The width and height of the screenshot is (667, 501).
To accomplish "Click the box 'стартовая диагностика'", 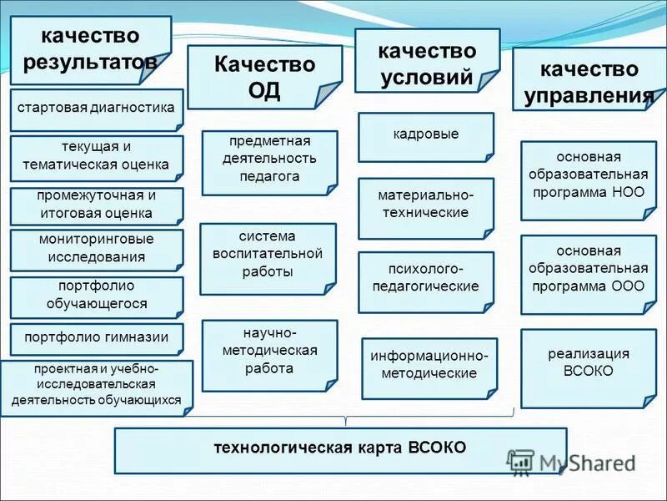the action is click(x=97, y=109).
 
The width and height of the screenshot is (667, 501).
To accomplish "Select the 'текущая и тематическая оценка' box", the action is click(x=97, y=157).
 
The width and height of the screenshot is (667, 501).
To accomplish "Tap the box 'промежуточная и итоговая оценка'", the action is click(x=97, y=205).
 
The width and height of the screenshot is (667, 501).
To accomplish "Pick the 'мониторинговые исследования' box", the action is click(x=97, y=249).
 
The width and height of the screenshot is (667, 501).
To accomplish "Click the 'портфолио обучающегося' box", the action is click(x=97, y=296).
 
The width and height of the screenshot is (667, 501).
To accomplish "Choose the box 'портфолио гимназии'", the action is click(x=97, y=338).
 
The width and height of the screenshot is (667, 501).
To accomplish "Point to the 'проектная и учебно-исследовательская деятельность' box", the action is click(x=97, y=385).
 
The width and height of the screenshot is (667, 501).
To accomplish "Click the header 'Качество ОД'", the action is click(x=264, y=77).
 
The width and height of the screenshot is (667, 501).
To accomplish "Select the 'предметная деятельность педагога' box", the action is click(x=269, y=162).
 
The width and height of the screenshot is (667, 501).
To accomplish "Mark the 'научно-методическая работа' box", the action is click(x=269, y=354).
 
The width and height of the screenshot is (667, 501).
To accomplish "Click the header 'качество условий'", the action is click(x=426, y=64).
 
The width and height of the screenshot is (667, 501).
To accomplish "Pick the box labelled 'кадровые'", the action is click(x=425, y=135).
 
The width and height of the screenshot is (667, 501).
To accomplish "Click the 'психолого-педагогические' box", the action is click(x=425, y=277).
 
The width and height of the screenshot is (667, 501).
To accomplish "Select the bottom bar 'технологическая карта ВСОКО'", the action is click(x=340, y=449).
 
